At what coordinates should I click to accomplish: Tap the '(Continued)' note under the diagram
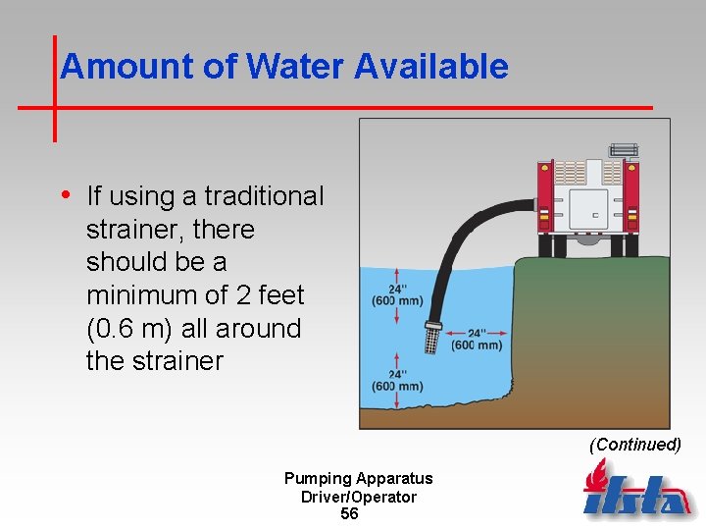634,445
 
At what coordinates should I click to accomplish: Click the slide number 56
349,514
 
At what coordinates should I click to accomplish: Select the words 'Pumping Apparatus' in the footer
358,479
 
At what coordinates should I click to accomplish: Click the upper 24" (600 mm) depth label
397,294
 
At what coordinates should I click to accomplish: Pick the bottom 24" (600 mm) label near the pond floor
397,380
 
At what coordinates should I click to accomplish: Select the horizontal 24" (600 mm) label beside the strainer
477,339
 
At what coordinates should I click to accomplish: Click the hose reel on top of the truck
624,150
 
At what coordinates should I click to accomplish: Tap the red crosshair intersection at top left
54,106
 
